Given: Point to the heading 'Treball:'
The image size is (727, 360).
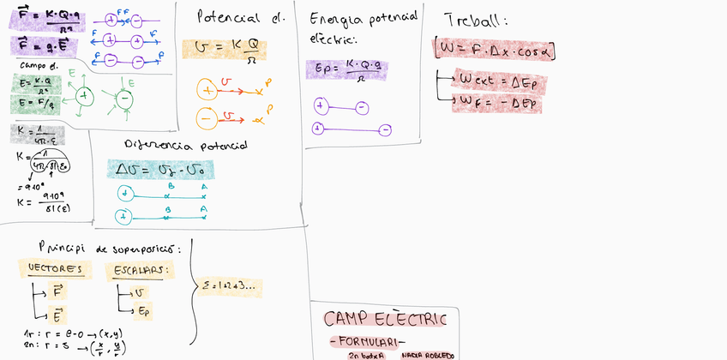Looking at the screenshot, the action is coord(476,21).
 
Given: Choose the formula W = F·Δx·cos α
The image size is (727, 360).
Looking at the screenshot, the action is coord(496,50).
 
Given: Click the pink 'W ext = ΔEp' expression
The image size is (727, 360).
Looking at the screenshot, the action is coord(496,81).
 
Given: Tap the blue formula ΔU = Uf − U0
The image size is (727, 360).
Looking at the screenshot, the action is coord(159,169).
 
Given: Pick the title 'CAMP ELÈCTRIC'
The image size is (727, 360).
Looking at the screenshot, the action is coord(385,320).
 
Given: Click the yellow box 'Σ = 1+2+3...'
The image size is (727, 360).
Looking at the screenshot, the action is coord(227,286).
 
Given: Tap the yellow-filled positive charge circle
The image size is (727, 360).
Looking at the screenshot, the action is coord(207,88).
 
